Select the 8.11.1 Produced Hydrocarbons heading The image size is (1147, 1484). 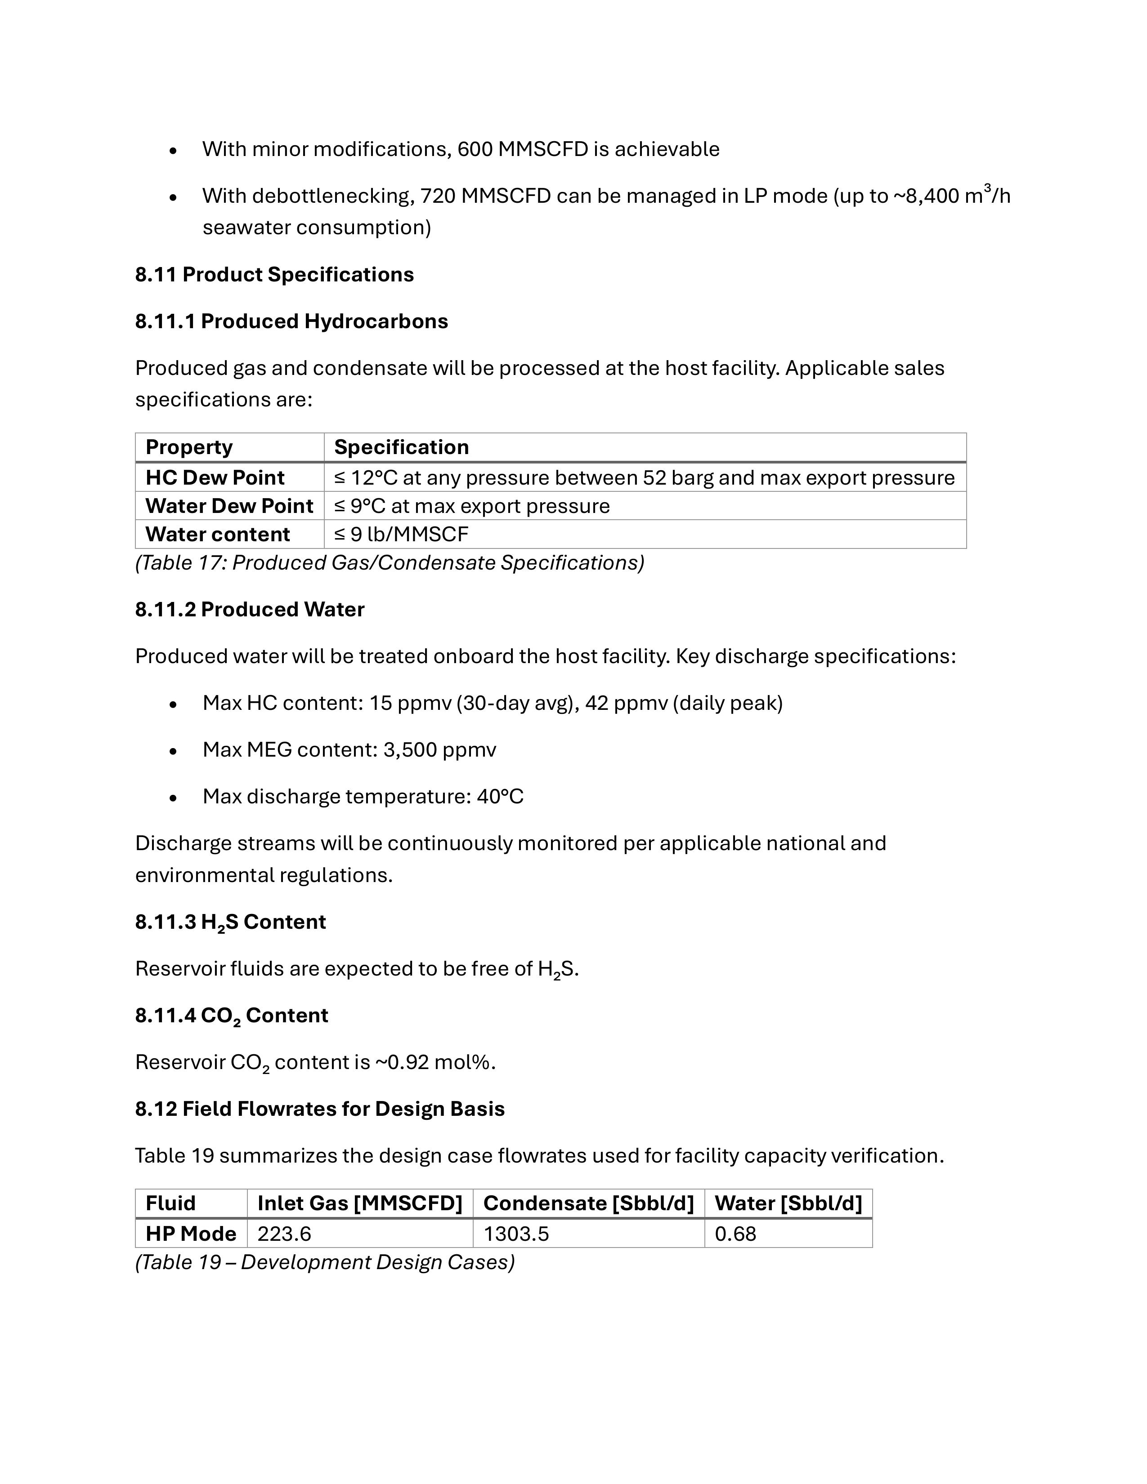click(x=291, y=321)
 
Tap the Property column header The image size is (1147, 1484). click(x=189, y=447)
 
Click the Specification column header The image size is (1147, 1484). click(x=401, y=447)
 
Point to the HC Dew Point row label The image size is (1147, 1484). click(x=215, y=478)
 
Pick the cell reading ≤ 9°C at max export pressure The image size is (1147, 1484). click(x=472, y=506)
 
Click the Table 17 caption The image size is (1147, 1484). click(x=390, y=562)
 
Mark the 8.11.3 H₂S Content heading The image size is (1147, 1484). click(x=230, y=922)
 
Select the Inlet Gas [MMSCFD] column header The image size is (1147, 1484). click(x=360, y=1203)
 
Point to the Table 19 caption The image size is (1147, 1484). click(x=325, y=1262)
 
